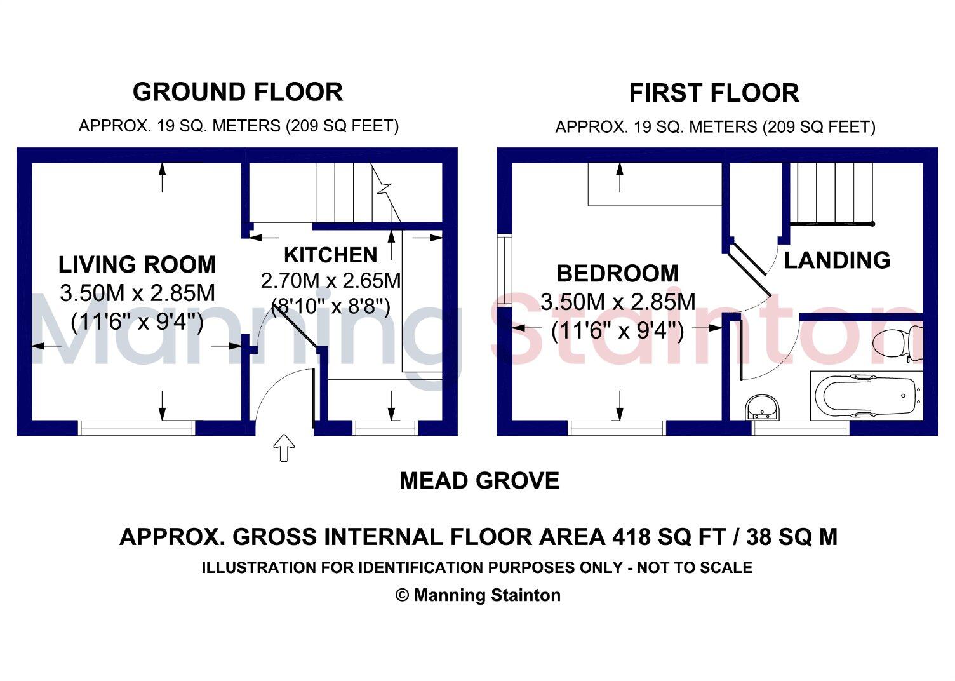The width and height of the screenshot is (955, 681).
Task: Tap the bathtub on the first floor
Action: pyautogui.click(x=866, y=395)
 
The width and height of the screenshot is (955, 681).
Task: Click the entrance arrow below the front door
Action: pyautogui.click(x=284, y=448)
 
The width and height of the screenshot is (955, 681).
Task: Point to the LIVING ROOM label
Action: pyautogui.click(x=137, y=264)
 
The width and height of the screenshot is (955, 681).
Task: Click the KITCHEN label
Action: pyautogui.click(x=330, y=255)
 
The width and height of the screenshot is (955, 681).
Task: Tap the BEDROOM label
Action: pyautogui.click(x=617, y=273)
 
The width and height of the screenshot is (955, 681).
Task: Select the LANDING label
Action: pyautogui.click(x=837, y=260)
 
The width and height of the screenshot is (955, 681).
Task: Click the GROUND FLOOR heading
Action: pyautogui.click(x=238, y=91)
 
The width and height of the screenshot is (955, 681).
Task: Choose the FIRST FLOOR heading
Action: pyautogui.click(x=714, y=93)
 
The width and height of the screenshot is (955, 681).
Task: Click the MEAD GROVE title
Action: pyautogui.click(x=479, y=481)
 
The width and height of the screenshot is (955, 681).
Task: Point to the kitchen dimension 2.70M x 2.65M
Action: pyautogui.click(x=331, y=281)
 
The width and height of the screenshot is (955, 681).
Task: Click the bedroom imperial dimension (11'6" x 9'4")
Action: pyautogui.click(x=617, y=330)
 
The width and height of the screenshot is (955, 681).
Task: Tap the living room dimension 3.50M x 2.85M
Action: pyautogui.click(x=137, y=293)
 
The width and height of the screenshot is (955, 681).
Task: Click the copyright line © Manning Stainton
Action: pyautogui.click(x=478, y=595)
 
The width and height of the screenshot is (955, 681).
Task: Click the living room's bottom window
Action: pyautogui.click(x=137, y=428)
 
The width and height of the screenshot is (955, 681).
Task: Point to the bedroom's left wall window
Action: pyautogui.click(x=504, y=270)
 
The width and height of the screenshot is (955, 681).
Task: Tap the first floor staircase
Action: pyautogui.click(x=832, y=193)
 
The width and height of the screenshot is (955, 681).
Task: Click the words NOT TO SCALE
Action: pyautogui.click(x=695, y=567)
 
